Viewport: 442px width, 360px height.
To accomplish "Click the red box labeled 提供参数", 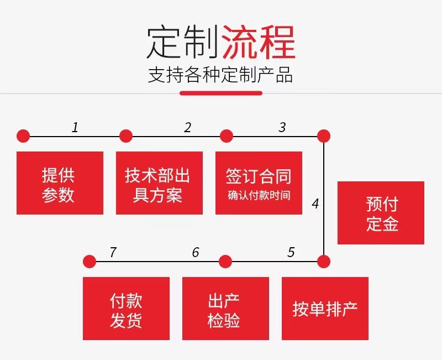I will [60, 183].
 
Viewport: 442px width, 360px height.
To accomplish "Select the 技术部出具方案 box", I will [159, 183].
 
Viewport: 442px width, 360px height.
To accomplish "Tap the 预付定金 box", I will [381, 213].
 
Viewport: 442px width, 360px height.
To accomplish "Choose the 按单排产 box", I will [325, 309].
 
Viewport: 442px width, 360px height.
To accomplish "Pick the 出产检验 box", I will [225, 309].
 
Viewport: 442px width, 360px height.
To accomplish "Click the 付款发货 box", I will [126, 309].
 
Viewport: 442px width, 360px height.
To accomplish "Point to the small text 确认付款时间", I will [259, 195].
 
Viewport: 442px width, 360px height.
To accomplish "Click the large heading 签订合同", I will [259, 176].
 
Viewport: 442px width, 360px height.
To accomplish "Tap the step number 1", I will [75, 128].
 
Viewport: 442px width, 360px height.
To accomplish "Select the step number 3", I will [282, 128].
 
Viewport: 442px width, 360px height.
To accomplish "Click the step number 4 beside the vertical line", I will [315, 204].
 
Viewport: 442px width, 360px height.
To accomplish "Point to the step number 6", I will [196, 253].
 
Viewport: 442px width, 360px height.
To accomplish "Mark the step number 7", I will [113, 253].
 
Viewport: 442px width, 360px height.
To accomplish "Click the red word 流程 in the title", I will [258, 43].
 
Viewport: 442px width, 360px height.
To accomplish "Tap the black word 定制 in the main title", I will [183, 43].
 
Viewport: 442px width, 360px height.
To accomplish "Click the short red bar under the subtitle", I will [221, 93].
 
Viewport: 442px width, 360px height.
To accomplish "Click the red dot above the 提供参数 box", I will [23, 136].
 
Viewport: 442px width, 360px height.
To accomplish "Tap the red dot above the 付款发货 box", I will [89, 261].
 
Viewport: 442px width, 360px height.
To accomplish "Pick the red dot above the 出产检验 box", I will [225, 261].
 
